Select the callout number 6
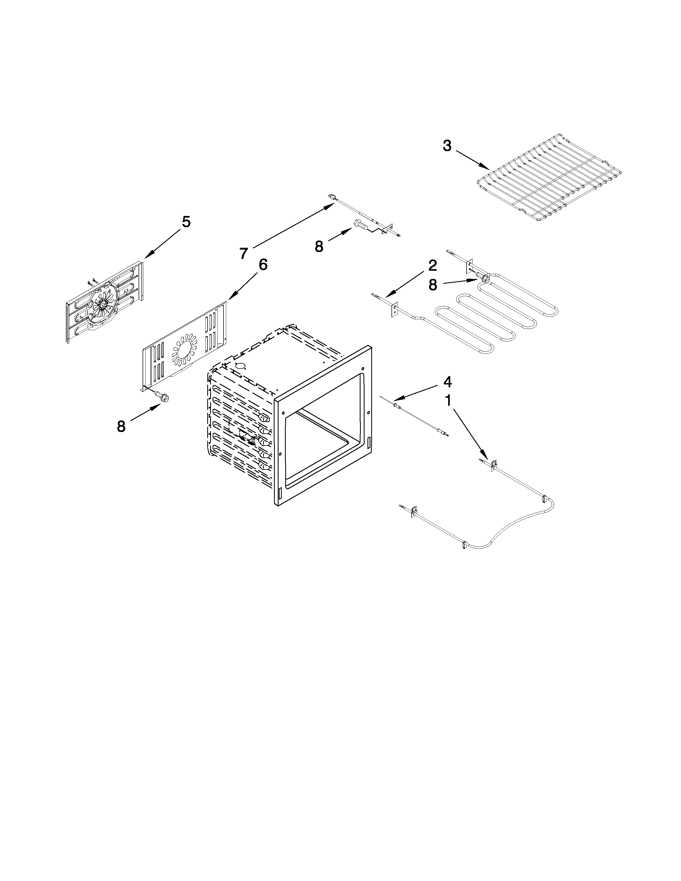point(262,265)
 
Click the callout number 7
point(243,253)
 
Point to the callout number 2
point(432,265)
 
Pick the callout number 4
point(447,381)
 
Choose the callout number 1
point(447,401)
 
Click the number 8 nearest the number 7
point(319,246)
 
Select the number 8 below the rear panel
point(121,426)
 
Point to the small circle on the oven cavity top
point(240,366)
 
